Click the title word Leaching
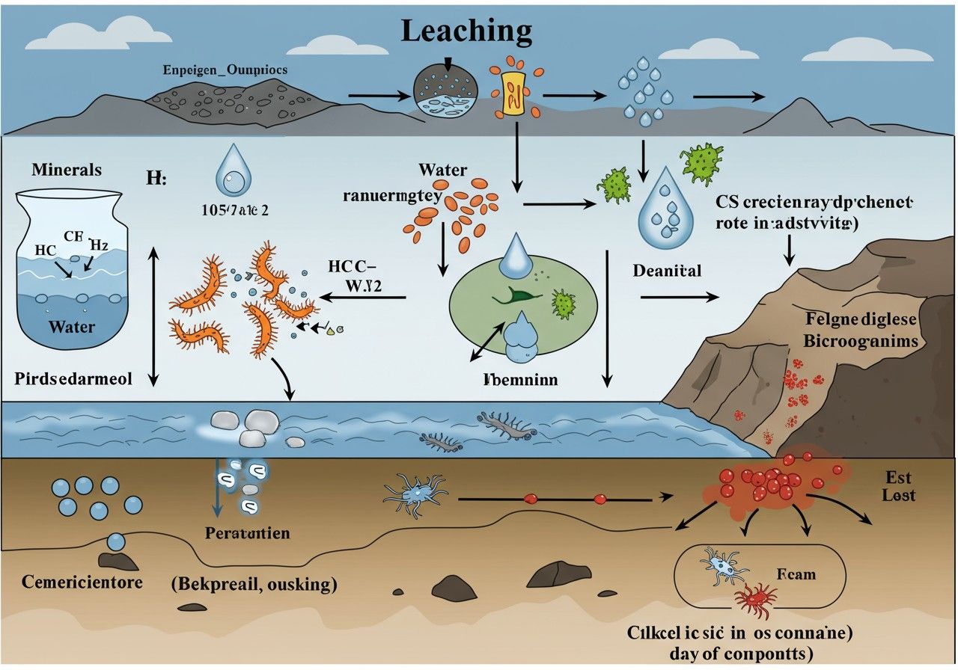tap(466, 31)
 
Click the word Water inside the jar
tap(71, 327)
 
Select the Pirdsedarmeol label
tap(73, 378)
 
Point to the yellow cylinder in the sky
tap(512, 93)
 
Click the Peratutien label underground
tap(247, 533)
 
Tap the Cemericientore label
tap(82, 581)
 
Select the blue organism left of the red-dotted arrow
tap(414, 493)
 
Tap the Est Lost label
tap(898, 485)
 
